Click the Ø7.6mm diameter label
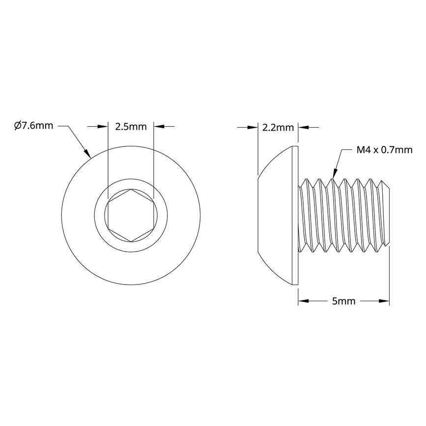pos(33,126)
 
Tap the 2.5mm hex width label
pos(131,127)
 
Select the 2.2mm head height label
pos(278,128)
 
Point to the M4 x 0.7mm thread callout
pos(384,150)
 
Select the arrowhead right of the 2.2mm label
pos(303,128)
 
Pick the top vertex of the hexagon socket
pos(131,190)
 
